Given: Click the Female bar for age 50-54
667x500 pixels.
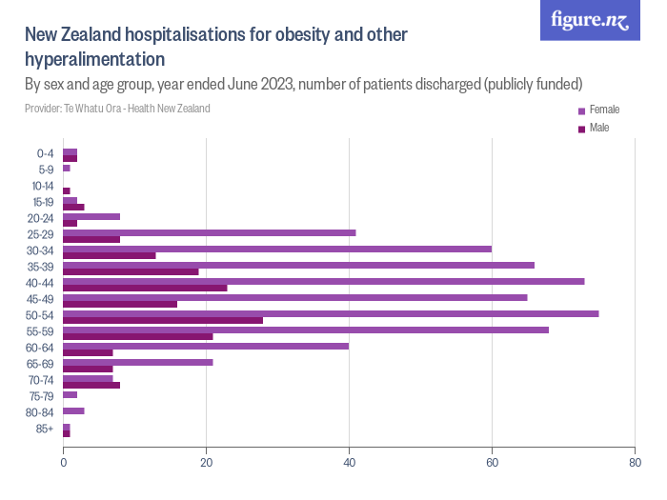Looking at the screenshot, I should [x=331, y=313].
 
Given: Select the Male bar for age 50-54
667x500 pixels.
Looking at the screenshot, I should [x=163, y=321].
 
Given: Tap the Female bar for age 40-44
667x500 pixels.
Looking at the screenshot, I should [x=324, y=281].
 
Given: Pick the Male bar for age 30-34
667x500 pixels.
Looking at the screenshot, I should [x=110, y=255].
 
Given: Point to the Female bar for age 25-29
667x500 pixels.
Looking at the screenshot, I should [x=210, y=232].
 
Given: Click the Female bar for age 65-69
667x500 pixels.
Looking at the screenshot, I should [x=138, y=362].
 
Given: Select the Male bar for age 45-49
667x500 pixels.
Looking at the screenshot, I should [x=120, y=305].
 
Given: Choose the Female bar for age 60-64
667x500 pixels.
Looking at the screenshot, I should [x=206, y=346].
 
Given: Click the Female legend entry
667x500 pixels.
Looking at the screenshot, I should [x=597, y=110].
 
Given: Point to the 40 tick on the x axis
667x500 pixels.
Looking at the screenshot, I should [x=349, y=463].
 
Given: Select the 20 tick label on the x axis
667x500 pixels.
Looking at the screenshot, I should [x=206, y=463].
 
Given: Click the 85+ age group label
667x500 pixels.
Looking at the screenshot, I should [x=45, y=430].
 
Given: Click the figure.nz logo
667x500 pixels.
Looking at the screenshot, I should [x=590, y=21].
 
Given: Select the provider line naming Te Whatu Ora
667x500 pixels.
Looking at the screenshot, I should [x=117, y=109].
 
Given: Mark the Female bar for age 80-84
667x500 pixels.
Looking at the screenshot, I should [x=73, y=410].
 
